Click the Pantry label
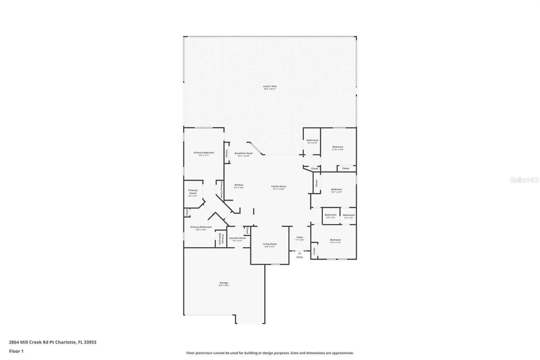[x=227, y=153]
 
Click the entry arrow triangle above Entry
[x=299, y=253]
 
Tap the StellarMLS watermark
[x=524, y=180]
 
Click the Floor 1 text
[x=16, y=351]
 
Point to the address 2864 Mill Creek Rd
[x=52, y=342]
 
